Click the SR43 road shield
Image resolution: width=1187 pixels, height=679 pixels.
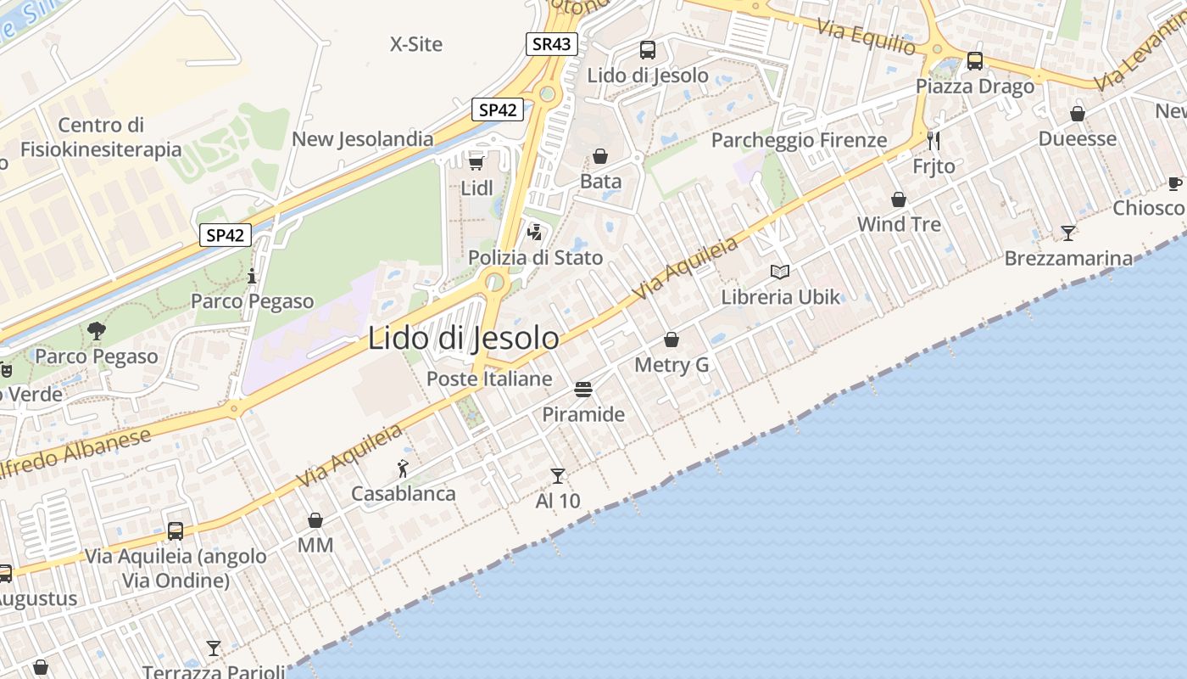[552, 44]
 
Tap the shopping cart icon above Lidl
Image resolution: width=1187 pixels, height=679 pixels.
[476, 162]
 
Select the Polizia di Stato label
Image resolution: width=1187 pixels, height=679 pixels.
[536, 257]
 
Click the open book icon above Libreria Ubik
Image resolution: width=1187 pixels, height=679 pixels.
[780, 272]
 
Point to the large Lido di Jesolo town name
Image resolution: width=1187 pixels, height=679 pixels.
[463, 338]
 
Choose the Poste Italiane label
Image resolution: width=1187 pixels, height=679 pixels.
[489, 379]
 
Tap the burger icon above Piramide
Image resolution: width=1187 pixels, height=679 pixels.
[582, 390]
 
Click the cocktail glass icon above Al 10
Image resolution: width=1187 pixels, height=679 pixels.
[557, 475]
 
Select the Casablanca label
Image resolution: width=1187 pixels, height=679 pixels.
[404, 493]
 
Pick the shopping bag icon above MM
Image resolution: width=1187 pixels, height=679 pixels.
[315, 519]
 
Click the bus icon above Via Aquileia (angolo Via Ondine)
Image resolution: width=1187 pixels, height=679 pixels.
[176, 530]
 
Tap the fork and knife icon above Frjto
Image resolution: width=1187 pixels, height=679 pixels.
[933, 140]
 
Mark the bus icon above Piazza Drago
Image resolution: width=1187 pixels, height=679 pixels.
[975, 61]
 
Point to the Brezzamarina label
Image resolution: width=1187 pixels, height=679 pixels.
[1068, 258]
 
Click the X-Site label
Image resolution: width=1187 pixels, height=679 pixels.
[416, 44]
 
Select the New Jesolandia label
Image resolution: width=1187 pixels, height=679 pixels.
[363, 138]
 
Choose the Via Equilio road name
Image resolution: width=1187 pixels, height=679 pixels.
[866, 36]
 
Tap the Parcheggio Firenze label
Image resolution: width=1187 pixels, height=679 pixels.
[799, 140]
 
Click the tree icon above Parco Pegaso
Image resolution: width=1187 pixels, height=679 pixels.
[96, 331]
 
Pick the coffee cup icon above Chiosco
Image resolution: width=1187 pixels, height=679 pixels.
[1174, 182]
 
